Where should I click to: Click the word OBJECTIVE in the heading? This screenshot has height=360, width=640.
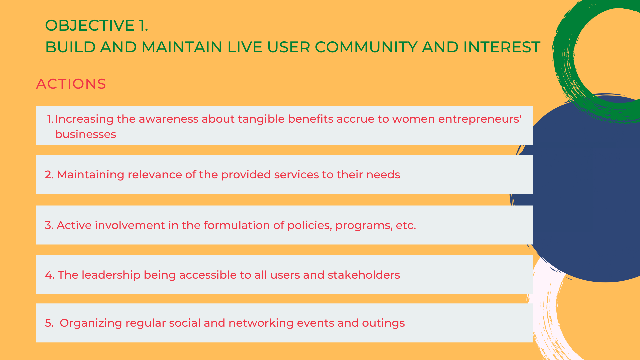coord(90,26)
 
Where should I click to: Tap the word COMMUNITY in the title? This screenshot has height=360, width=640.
coord(366,47)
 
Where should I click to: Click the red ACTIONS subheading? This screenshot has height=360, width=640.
coord(71,84)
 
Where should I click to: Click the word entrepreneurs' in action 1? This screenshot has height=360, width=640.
coord(480,119)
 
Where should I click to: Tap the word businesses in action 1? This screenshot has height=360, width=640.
coord(86,134)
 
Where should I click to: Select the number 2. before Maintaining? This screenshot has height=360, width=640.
coord(49,175)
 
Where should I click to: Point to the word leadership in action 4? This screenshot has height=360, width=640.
coord(111,275)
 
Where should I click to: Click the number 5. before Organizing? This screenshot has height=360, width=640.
coord(49,323)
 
